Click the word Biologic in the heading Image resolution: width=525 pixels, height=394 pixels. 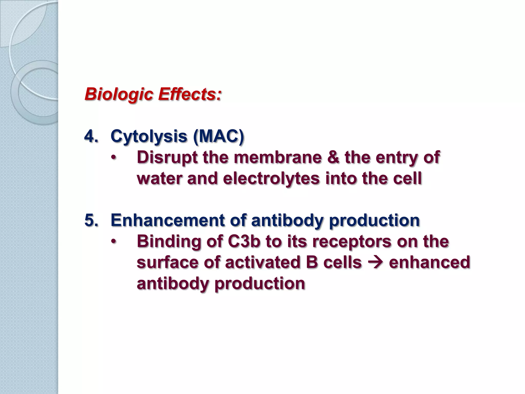coord(119,94)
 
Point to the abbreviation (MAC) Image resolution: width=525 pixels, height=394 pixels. coord(218,136)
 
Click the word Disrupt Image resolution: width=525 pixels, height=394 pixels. coord(167,157)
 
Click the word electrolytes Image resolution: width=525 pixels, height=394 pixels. coord(271,178)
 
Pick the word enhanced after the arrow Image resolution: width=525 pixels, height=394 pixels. coord(430,262)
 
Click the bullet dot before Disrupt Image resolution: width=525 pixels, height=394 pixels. coord(113,158)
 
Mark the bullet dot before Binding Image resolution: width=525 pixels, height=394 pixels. coord(113,242)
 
